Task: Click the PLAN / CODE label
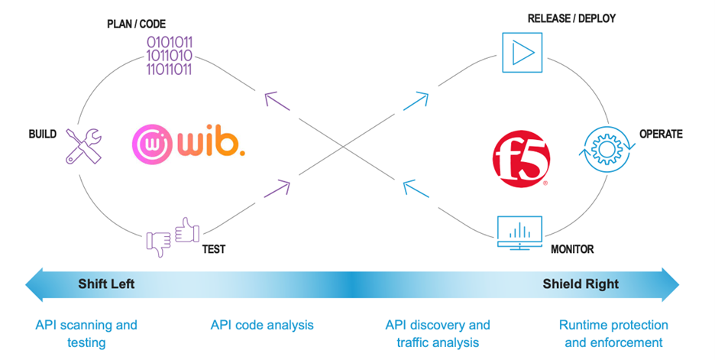tap(136, 24)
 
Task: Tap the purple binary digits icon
tap(169, 56)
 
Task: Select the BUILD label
tap(43, 135)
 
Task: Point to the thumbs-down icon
tap(158, 244)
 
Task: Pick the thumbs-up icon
tap(187, 230)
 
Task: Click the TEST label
tap(214, 249)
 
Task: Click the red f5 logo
tap(521, 159)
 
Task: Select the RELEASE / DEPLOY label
tap(572, 18)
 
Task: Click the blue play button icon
tap(522, 53)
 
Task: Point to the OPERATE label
tap(661, 135)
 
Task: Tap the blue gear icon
tap(607, 149)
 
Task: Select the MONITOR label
tap(572, 249)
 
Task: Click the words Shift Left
tap(106, 284)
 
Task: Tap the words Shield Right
tap(581, 284)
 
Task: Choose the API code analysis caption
tap(262, 326)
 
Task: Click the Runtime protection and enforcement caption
tap(613, 333)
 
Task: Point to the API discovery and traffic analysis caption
tap(438, 333)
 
